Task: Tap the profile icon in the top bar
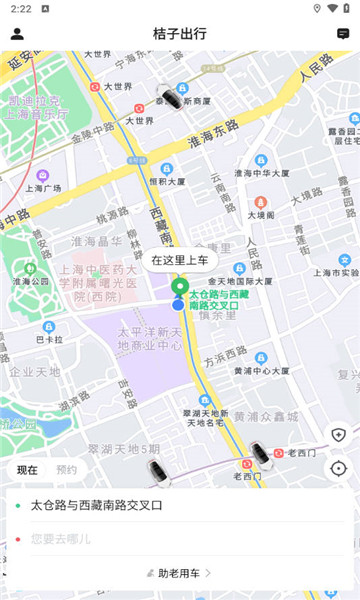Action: tap(17, 33)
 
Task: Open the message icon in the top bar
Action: tap(343, 33)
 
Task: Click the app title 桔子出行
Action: tap(180, 33)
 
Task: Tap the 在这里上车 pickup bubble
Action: tap(180, 260)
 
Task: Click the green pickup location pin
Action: tap(179, 288)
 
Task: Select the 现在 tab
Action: tap(28, 469)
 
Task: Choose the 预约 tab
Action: tap(67, 469)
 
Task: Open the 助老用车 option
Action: tap(180, 573)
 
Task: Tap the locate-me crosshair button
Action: tap(338, 468)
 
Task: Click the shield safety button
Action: tap(338, 434)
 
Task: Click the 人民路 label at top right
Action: tap(317, 71)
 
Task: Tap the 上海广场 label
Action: tap(45, 189)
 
